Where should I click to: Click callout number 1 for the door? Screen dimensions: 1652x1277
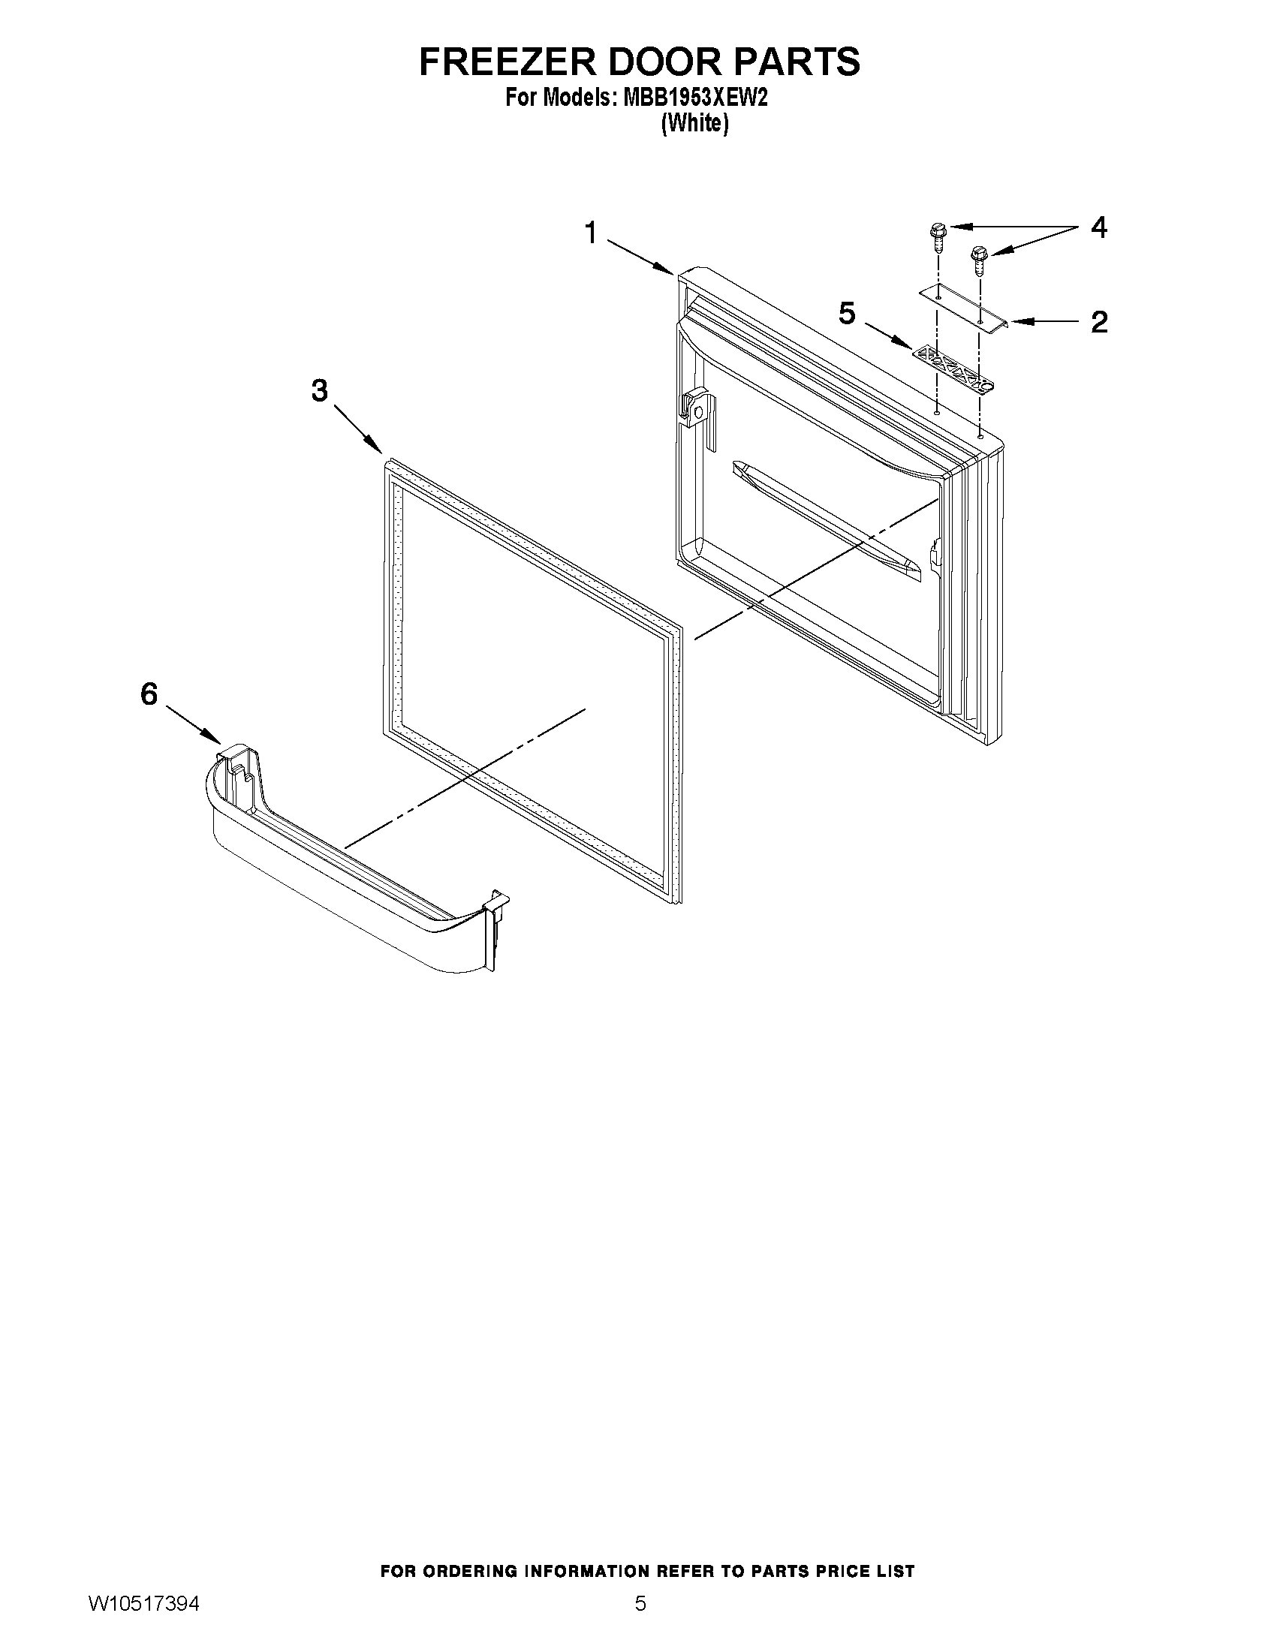click(591, 232)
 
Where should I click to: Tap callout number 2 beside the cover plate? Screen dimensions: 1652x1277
click(1098, 322)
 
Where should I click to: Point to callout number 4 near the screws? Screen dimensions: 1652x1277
click(1098, 227)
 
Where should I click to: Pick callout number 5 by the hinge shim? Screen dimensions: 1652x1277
click(847, 312)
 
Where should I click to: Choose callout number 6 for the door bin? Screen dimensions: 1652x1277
click(149, 694)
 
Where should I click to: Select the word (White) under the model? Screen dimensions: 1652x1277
click(694, 123)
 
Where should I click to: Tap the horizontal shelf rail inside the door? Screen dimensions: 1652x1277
click(828, 522)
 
